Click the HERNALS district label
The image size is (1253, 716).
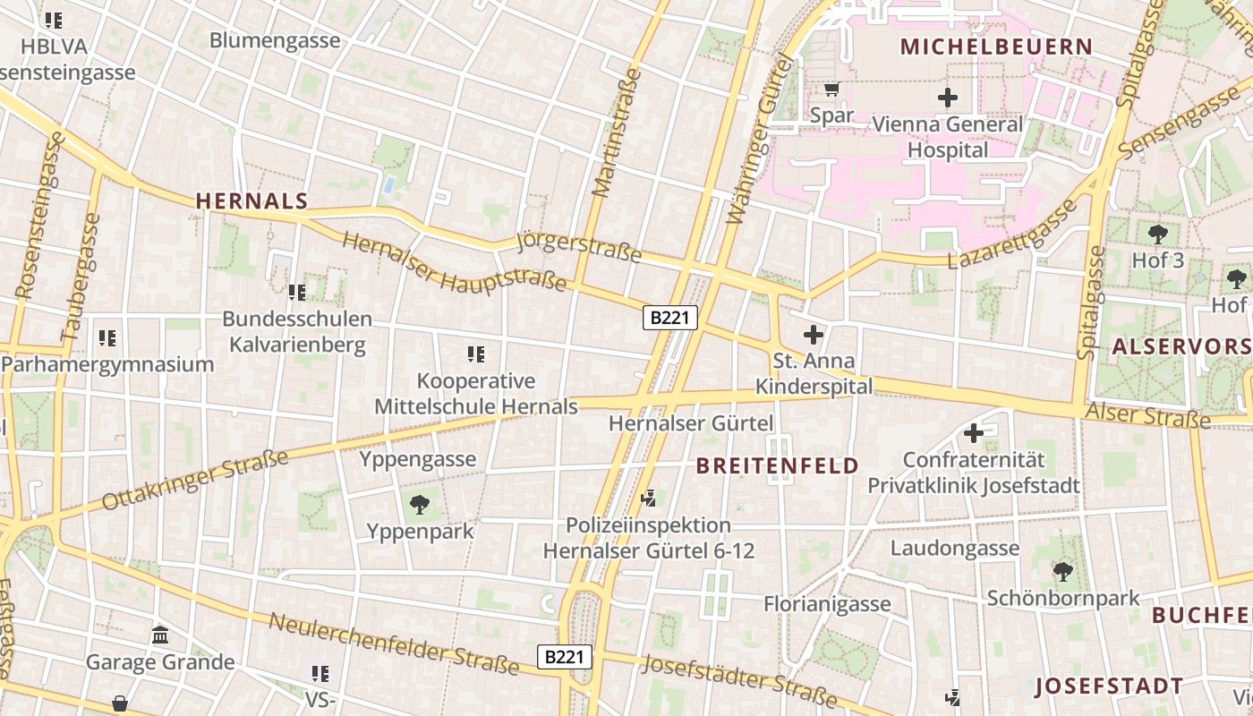click(251, 201)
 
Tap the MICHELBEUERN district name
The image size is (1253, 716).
click(996, 47)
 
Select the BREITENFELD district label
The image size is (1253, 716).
click(777, 465)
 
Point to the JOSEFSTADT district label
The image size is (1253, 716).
click(1109, 686)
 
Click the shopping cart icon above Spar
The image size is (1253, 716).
click(831, 89)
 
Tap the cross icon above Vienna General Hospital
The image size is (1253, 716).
click(947, 98)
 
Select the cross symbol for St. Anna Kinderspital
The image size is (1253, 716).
click(813, 336)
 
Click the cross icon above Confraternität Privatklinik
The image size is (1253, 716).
click(973, 434)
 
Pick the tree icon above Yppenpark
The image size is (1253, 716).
click(419, 505)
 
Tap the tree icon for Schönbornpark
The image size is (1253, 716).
click(1062, 571)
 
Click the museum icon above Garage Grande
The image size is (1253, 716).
click(160, 635)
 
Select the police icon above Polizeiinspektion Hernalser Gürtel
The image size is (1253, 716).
click(650, 498)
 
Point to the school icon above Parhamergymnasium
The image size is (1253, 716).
click(107, 338)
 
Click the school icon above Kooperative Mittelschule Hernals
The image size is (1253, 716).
click(475, 354)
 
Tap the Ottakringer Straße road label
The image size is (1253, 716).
click(195, 480)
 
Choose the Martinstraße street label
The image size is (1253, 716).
click(615, 137)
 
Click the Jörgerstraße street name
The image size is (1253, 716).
click(580, 247)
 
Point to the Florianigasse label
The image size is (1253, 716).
click(827, 604)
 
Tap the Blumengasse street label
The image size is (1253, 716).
click(275, 40)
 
